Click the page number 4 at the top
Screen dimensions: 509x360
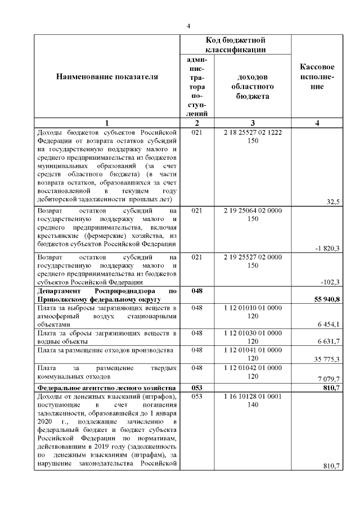189,26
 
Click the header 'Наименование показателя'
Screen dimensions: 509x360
107,76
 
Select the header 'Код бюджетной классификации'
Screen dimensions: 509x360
235,45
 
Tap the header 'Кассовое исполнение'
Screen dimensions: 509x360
318,76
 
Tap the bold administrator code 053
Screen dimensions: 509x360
196,388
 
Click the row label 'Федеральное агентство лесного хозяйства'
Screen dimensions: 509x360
106,388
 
